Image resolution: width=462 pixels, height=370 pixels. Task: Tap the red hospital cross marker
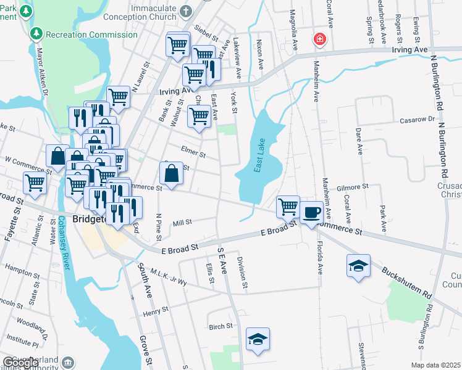319,40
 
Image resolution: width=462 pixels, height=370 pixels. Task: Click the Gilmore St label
353,186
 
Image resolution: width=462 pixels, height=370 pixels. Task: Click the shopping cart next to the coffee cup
288,207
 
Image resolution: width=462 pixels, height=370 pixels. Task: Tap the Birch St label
220,326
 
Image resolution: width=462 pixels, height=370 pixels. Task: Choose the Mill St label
183,223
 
